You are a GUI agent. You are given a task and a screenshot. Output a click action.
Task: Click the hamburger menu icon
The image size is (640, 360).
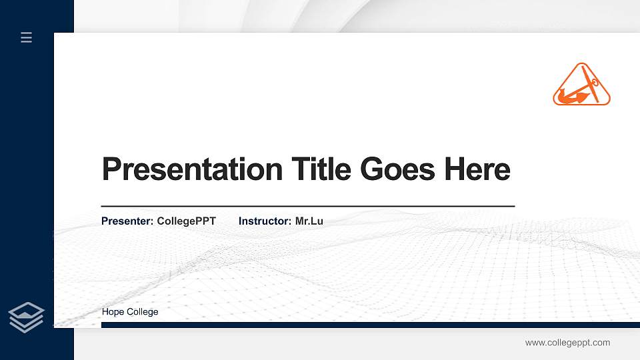[x=26, y=37]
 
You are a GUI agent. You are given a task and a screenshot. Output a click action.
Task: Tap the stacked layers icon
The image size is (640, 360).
[x=26, y=317]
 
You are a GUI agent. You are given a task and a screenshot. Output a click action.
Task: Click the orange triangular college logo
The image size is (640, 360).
[x=581, y=86]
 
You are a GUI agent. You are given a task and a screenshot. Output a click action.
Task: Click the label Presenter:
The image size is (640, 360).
[x=128, y=221]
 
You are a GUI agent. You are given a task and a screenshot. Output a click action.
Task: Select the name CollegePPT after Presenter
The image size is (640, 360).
[x=186, y=221]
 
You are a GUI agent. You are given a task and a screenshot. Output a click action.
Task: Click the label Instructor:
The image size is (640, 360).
[x=265, y=221]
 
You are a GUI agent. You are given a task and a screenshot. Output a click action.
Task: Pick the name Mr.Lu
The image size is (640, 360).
[x=309, y=221]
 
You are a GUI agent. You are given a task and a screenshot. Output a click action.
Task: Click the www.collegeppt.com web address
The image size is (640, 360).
[x=567, y=343]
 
